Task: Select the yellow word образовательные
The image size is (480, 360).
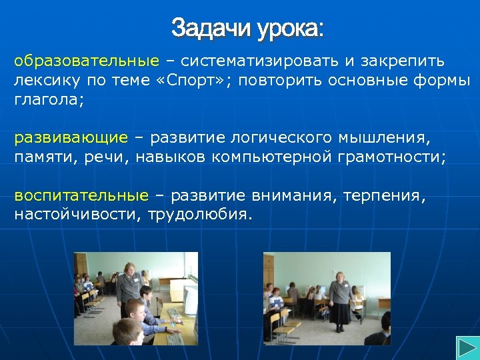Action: pyautogui.click(x=87, y=62)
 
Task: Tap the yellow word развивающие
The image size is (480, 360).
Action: pyautogui.click(x=71, y=138)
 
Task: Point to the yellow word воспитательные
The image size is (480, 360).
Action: pyautogui.click(x=81, y=196)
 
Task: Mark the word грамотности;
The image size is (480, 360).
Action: pyautogui.click(x=389, y=157)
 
